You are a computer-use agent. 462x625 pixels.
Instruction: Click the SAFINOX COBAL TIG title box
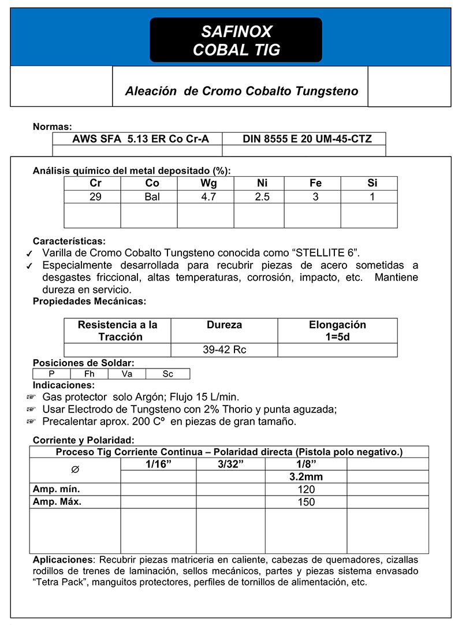236,40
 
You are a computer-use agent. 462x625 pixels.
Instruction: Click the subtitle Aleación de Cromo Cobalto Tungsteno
241,91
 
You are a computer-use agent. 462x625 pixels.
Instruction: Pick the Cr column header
92,183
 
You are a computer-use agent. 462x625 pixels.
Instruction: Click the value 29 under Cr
92,197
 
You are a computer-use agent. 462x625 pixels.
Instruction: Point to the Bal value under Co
149,197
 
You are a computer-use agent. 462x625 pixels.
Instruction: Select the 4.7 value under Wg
205,197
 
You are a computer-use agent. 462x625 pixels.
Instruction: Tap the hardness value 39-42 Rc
225,350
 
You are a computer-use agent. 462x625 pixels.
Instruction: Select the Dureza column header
225,325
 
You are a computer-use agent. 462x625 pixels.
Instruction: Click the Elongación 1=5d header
337,331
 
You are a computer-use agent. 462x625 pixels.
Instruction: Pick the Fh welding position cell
89,374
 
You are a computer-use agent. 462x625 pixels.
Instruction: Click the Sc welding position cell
167,374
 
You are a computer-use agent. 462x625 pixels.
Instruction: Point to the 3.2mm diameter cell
305,477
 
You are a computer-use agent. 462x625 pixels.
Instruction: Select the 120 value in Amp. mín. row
305,490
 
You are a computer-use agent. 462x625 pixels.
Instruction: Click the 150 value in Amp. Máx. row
305,502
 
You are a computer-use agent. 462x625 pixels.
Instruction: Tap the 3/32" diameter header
230,464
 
